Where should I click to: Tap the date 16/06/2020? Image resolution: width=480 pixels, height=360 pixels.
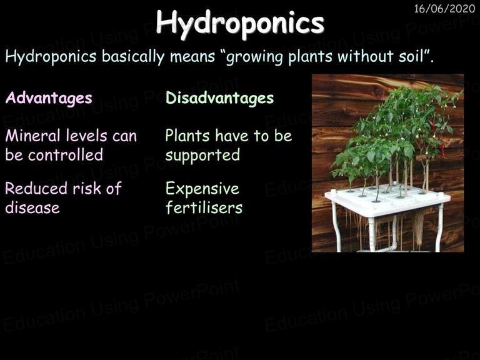tap(444, 8)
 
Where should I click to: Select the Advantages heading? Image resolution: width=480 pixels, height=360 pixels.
tap(49, 99)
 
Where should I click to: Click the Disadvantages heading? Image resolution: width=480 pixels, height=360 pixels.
tap(219, 98)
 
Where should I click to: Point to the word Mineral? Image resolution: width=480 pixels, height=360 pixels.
tap(32, 136)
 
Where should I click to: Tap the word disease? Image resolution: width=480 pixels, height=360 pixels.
tap(32, 208)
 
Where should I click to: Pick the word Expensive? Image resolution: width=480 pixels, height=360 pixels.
tap(202, 189)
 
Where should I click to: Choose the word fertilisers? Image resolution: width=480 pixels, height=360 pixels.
tap(204, 207)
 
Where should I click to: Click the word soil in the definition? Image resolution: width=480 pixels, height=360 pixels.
tap(411, 56)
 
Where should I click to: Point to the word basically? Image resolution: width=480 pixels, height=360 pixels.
tap(133, 57)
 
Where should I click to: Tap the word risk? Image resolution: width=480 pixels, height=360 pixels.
tap(87, 188)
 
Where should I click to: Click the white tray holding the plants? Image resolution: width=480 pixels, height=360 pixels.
tap(387, 201)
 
